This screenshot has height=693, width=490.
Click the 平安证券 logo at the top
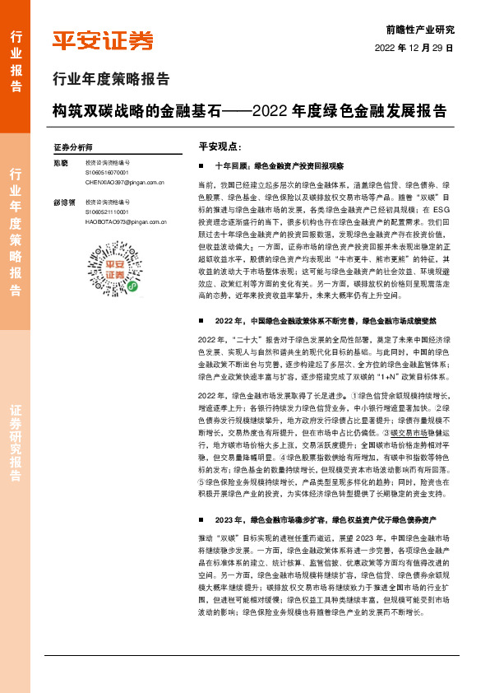(x=104, y=40)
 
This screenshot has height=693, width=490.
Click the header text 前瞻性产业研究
(x=419, y=29)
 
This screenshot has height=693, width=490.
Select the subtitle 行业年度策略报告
(x=111, y=80)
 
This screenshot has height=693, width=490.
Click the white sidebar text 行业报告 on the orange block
(x=16, y=63)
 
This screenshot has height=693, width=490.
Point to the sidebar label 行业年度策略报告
(x=16, y=231)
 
